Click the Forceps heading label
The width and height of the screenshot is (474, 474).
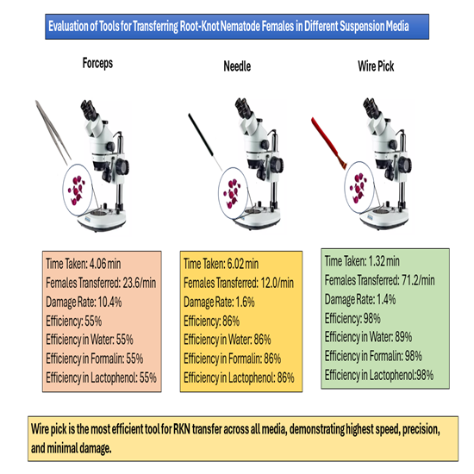click(97, 63)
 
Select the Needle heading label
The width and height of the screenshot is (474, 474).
click(237, 66)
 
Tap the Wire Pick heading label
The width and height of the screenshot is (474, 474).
click(376, 66)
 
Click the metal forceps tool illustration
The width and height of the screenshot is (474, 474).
click(53, 132)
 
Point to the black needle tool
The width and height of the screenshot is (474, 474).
click(205, 142)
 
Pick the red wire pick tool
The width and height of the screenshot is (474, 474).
click(329, 143)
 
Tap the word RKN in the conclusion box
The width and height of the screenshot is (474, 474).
click(182, 429)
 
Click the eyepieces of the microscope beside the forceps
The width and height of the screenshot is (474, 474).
click(89, 109)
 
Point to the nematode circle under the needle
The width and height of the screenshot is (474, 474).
click(233, 193)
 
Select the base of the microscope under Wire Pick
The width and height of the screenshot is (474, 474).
click(384, 218)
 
